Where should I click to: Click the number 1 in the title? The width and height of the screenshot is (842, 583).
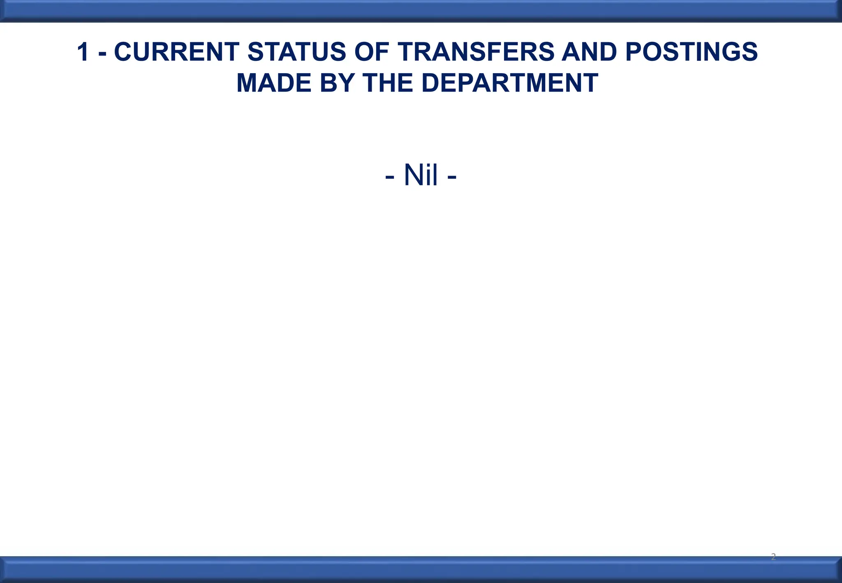pos(83,52)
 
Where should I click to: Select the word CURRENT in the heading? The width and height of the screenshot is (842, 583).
pos(176,52)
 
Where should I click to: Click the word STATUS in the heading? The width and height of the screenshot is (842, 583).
pos(296,52)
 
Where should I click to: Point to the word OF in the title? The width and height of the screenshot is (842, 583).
pos(371,52)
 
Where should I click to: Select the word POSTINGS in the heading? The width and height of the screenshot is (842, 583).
pos(691,52)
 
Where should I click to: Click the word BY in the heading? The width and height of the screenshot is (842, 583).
pos(337,83)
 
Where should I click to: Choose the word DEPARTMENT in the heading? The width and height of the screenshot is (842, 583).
pos(509,83)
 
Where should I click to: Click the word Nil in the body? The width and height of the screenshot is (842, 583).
pos(421,175)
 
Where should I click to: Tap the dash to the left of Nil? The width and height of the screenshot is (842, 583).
pos(390,177)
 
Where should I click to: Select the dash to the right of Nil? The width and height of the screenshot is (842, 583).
pos(451,177)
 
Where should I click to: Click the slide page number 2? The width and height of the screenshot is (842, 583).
pos(773,557)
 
